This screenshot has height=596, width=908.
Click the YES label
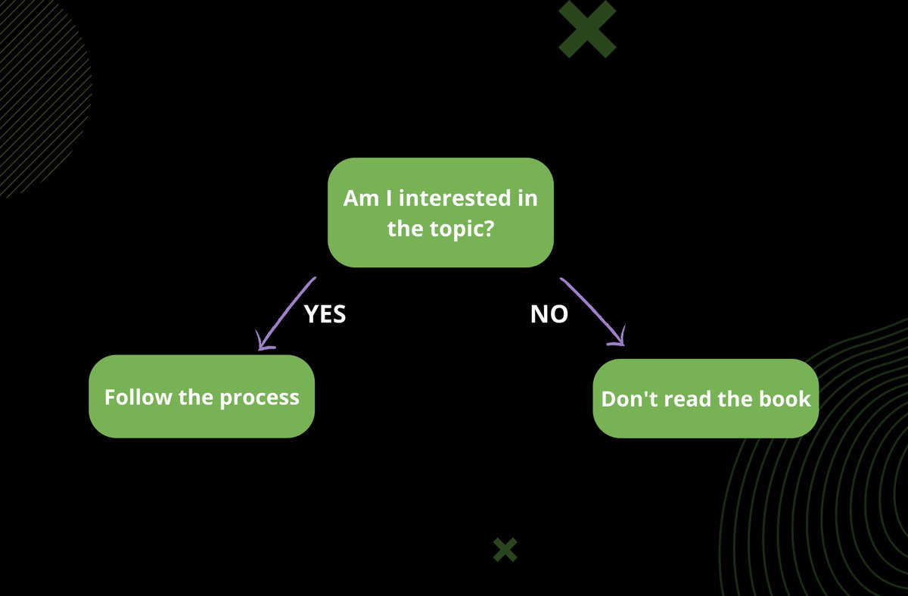click(x=325, y=314)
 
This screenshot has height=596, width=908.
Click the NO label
click(x=549, y=314)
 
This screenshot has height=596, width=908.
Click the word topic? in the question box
click(x=462, y=228)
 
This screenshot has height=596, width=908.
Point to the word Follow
click(x=138, y=397)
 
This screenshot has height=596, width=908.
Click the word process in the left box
click(x=260, y=398)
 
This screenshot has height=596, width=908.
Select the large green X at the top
click(x=587, y=29)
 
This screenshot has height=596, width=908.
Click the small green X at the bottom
click(x=505, y=550)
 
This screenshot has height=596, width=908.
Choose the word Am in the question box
click(x=359, y=198)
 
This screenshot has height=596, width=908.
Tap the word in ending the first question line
click(x=528, y=198)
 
